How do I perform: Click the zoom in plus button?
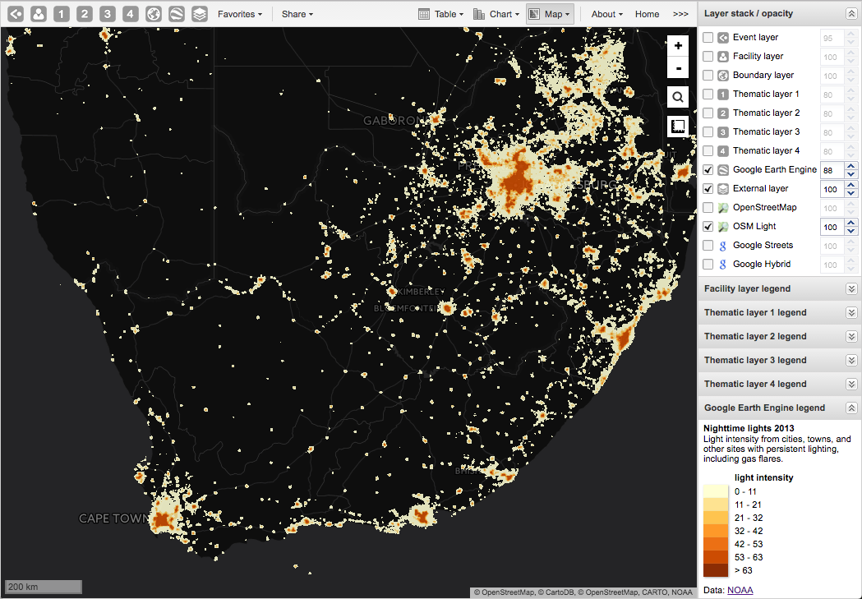[x=678, y=46]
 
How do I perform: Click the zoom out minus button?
[x=678, y=68]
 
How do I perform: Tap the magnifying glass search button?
[x=678, y=98]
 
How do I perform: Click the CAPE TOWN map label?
[x=114, y=518]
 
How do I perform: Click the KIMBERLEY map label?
[x=419, y=292]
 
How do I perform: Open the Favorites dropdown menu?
[x=240, y=14]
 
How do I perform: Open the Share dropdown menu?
[x=297, y=14]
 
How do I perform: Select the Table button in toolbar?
[x=440, y=14]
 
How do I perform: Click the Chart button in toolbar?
[x=496, y=14]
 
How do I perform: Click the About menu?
[x=606, y=14]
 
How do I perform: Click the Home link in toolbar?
[x=647, y=14]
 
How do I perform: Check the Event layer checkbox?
[x=708, y=38]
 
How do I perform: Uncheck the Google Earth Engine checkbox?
[x=708, y=170]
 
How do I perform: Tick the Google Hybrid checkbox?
[x=708, y=265]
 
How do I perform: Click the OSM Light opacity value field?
[x=830, y=227]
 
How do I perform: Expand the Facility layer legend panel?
[x=851, y=288]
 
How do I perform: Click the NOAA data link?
[x=740, y=590]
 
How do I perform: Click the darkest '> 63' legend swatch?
[x=715, y=570]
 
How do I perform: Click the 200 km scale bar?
[x=44, y=587]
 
